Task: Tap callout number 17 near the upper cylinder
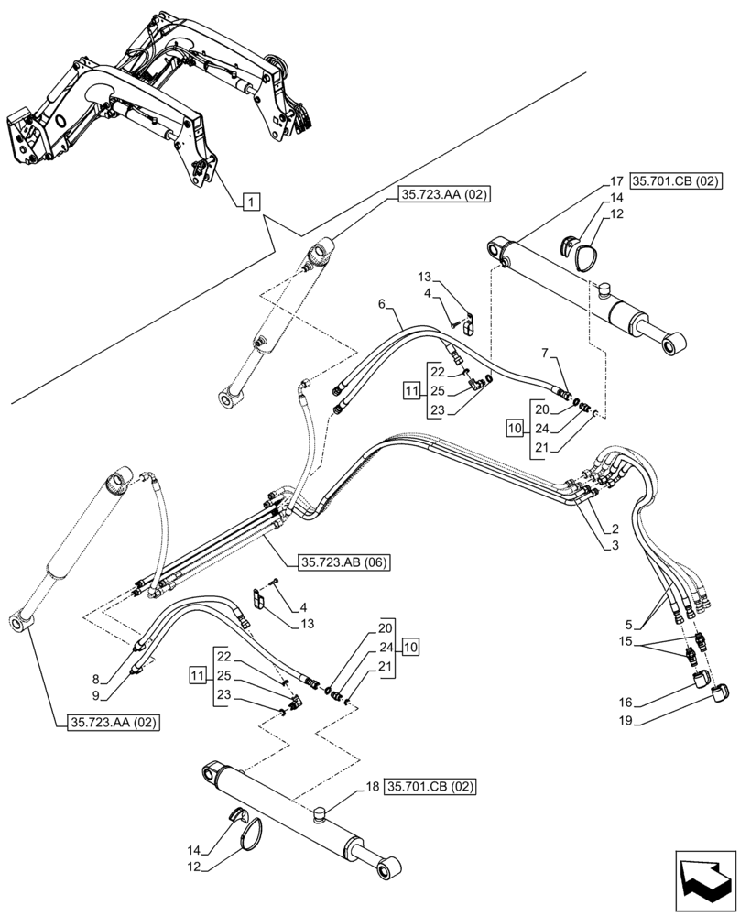click(616, 181)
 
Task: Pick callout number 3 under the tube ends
click(615, 547)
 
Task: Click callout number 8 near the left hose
click(111, 680)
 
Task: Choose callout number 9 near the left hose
click(111, 694)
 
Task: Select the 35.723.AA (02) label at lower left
click(113, 722)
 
